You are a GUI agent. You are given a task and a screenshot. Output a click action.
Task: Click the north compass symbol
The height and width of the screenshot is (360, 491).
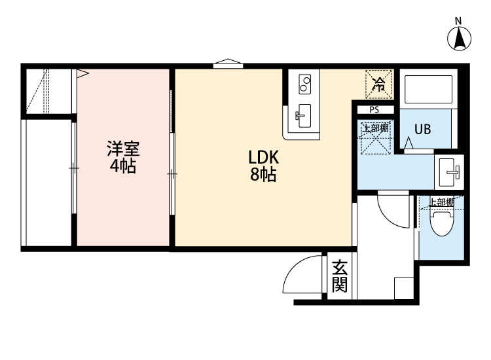pos(460,39)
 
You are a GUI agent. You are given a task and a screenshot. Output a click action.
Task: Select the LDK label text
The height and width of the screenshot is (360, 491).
pos(264,158)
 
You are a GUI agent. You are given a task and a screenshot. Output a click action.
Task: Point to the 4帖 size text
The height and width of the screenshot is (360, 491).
pos(122,166)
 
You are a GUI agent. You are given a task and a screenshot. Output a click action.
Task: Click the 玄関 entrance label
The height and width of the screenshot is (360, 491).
pos(339,276)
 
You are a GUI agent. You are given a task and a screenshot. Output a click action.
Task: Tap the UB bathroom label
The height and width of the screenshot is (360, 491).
pos(422,129)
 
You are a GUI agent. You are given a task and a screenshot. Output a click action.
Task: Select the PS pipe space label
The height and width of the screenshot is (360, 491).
pos(374,110)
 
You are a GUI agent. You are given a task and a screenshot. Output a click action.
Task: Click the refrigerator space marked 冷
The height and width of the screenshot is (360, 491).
pos(379,83)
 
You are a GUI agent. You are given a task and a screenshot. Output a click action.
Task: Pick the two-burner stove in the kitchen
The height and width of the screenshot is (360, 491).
pos(305,84)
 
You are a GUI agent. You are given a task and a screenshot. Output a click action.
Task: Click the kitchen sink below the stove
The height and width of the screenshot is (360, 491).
pos(303,117)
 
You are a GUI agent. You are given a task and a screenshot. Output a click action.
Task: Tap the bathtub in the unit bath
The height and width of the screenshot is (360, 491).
pos(428,91)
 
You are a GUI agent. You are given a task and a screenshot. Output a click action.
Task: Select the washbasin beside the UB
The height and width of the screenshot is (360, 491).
pos(450,172)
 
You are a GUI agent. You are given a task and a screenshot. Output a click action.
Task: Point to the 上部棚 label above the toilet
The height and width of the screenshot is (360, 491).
pos(441,202)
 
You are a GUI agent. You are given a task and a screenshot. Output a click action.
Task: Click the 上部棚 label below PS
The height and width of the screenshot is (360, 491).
pos(376,128)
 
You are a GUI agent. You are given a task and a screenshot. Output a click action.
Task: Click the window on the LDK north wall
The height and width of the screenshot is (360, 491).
pos(228,64)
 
